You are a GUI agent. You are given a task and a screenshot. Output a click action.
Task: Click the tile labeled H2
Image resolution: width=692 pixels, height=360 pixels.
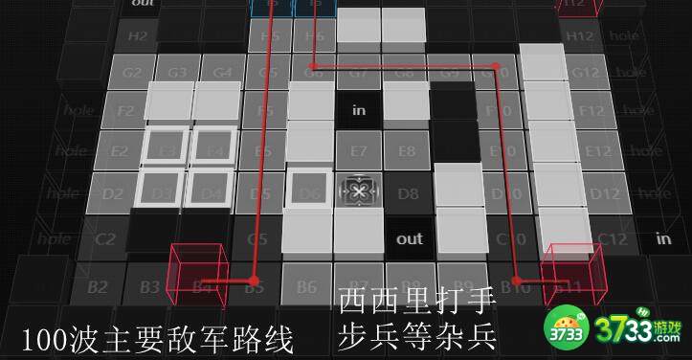pyautogui.click(x=139, y=36)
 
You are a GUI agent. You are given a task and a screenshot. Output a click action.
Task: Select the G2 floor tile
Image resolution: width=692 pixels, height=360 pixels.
pyautogui.click(x=132, y=72)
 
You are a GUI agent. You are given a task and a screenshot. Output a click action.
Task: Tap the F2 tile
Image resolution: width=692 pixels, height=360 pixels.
pyautogui.click(x=125, y=110)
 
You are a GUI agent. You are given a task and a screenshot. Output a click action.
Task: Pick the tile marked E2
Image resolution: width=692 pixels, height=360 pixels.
pyautogui.click(x=119, y=151)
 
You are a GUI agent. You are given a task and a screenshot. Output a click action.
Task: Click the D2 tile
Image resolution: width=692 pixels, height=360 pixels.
pyautogui.click(x=112, y=194)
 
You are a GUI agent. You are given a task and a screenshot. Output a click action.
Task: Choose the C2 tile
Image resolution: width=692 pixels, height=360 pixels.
pyautogui.click(x=104, y=239)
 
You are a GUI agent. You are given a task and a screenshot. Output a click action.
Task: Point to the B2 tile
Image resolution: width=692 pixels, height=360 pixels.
pyautogui.click(x=97, y=285)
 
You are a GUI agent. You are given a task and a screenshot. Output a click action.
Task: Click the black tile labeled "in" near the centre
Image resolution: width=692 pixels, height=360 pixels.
pyautogui.click(x=359, y=110)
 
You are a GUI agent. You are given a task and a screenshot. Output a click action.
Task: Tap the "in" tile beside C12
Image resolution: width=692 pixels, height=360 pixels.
pyautogui.click(x=663, y=238)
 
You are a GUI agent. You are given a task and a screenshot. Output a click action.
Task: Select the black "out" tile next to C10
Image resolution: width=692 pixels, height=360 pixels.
pyautogui.click(x=409, y=238)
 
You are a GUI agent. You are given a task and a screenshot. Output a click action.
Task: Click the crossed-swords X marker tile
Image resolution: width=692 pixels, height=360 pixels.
pyautogui.click(x=359, y=192)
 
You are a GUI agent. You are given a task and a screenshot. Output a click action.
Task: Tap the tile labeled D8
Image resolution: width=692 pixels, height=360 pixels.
pyautogui.click(x=409, y=193)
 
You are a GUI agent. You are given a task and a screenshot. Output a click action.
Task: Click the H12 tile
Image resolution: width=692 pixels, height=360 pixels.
pyautogui.click(x=580, y=36)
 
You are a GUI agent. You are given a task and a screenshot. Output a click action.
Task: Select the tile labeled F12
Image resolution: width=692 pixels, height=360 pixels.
pyautogui.click(x=592, y=110)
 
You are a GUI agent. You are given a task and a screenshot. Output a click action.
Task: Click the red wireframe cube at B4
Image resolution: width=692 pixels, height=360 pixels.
pyautogui.click(x=197, y=272)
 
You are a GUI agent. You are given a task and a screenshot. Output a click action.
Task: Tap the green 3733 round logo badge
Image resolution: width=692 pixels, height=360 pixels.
pyautogui.click(x=569, y=329)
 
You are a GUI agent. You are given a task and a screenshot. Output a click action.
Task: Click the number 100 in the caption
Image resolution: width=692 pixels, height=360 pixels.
pyautogui.click(x=44, y=337)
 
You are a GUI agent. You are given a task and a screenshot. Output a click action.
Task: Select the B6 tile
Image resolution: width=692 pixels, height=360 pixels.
pyautogui.click(x=306, y=285)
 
